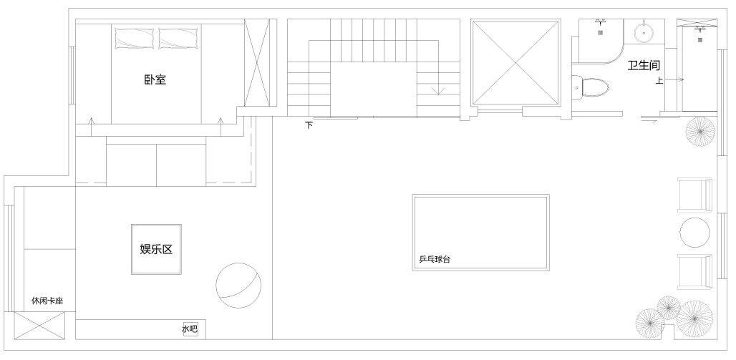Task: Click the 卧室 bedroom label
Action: click(x=155, y=79)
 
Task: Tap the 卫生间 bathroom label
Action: click(x=644, y=65)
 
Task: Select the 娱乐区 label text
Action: click(x=156, y=249)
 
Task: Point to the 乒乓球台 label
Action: click(x=435, y=259)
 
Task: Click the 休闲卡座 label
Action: click(x=47, y=301)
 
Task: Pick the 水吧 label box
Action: click(x=190, y=329)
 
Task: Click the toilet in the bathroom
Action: click(x=591, y=88)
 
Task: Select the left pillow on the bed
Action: click(x=135, y=38)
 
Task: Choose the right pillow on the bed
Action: click(x=178, y=38)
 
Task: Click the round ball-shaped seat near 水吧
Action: click(x=238, y=286)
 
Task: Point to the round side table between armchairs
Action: click(x=695, y=233)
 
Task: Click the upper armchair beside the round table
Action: click(x=695, y=195)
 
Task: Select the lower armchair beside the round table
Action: click(x=695, y=272)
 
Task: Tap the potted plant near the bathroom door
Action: click(x=700, y=132)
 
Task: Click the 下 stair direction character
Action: click(x=309, y=125)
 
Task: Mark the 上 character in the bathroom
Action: click(x=659, y=81)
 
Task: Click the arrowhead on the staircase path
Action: click(x=438, y=91)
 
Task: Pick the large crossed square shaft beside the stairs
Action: click(x=516, y=63)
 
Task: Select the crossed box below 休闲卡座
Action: click(x=39, y=326)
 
